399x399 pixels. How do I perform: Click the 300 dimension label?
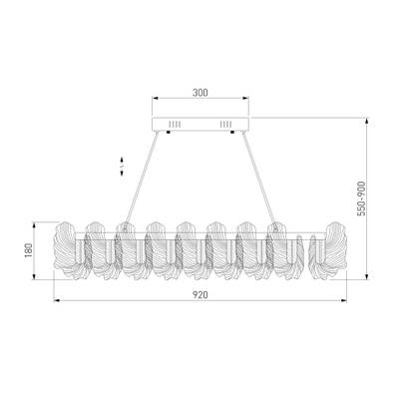[199, 91]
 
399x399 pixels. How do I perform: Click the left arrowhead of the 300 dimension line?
[154, 98]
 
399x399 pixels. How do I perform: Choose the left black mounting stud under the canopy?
[167, 134]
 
